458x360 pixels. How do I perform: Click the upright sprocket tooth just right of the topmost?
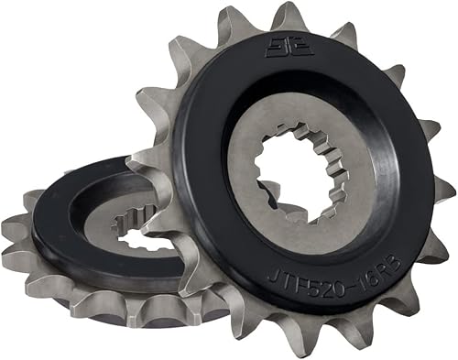tap(343, 35)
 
